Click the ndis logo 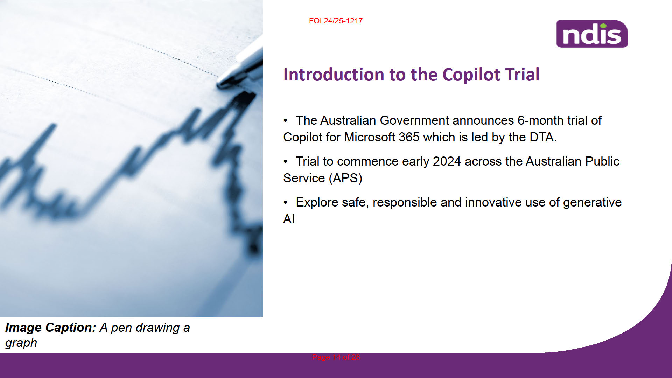[x=592, y=34]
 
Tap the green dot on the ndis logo [x=603, y=26]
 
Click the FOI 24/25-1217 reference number [x=336, y=21]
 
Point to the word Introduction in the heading [x=334, y=75]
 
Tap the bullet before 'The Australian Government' [x=286, y=121]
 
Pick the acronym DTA [x=543, y=137]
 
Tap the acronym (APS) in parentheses [x=345, y=178]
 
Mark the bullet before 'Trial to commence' [x=286, y=162]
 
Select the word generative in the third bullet [x=592, y=203]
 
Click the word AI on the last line [x=289, y=219]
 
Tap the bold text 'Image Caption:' [x=50, y=328]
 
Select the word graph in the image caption [x=21, y=343]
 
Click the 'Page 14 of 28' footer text [x=336, y=357]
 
